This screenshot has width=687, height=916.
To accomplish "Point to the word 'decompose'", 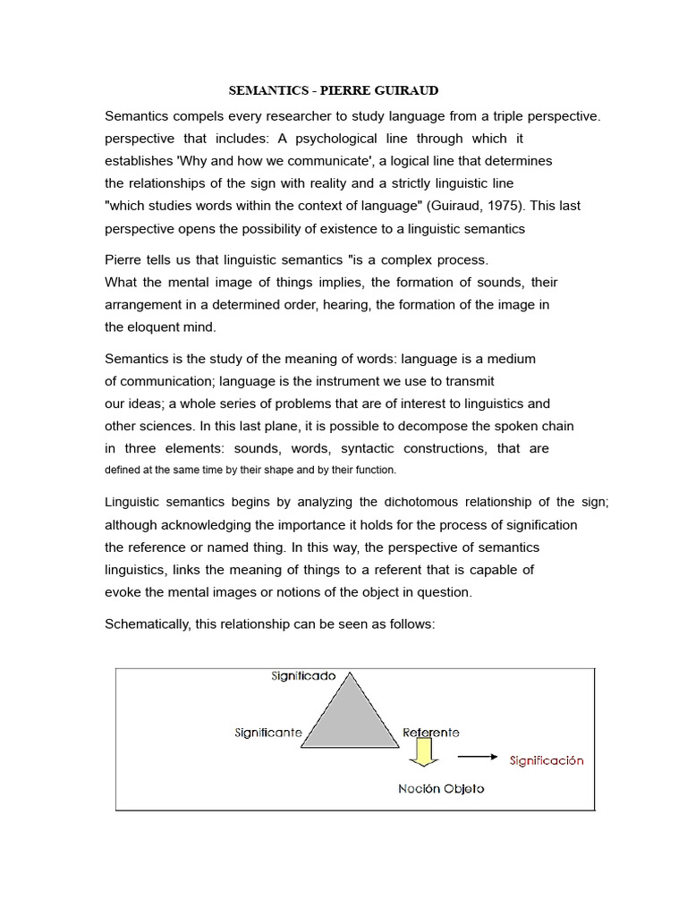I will coord(459,426).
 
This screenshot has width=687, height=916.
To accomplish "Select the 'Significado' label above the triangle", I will coord(303,677).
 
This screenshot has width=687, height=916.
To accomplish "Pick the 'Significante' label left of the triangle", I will coord(268,734).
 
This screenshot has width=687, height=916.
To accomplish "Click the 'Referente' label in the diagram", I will coord(430,733).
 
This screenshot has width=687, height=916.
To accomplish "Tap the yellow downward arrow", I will coord(421,757).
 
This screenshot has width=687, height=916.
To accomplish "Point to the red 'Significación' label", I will coord(546,761).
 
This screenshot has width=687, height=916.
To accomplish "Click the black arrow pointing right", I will coord(477,757).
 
